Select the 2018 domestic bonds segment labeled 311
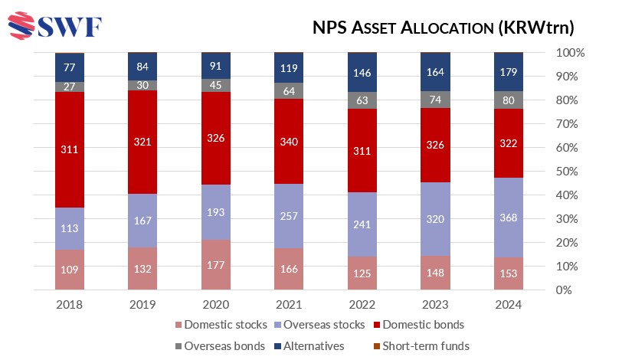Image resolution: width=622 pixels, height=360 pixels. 70,149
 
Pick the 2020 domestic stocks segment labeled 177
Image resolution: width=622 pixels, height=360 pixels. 217,265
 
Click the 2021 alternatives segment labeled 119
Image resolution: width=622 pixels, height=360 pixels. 290,67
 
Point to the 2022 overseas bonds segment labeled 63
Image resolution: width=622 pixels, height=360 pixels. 363,100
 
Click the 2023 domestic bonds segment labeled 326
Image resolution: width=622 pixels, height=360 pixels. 436,145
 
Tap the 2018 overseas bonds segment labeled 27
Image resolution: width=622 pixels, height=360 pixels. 70,87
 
